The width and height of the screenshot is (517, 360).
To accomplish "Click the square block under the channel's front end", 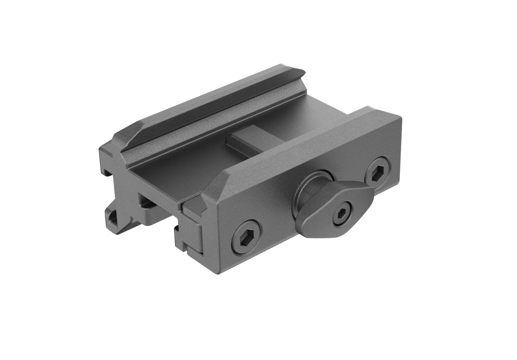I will click(149, 200).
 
